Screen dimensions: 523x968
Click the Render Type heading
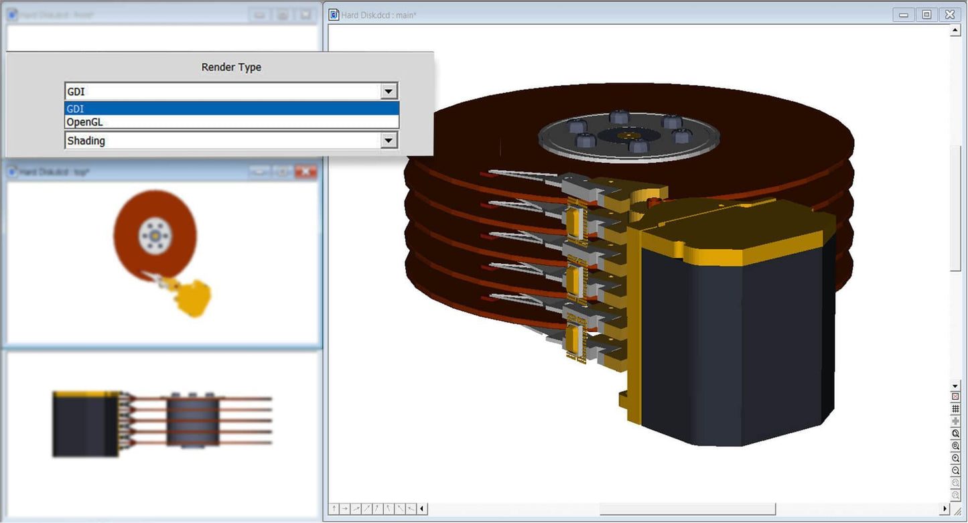pos(231,68)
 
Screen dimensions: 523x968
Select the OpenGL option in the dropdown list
pos(84,122)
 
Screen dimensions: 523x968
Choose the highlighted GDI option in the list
pos(76,108)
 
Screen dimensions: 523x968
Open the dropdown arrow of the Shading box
pos(388,141)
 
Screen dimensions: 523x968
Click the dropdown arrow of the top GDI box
pos(388,91)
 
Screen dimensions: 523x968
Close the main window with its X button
pos(949,14)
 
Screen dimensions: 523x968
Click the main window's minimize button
pos(904,14)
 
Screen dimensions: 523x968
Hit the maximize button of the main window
pos(926,14)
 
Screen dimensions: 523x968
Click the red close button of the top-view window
pos(305,172)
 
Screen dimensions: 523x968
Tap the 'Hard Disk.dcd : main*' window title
pos(379,15)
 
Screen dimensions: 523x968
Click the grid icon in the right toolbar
pos(956,408)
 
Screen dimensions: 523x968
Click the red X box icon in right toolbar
pos(956,396)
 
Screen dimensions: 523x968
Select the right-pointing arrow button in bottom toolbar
pos(345,509)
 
